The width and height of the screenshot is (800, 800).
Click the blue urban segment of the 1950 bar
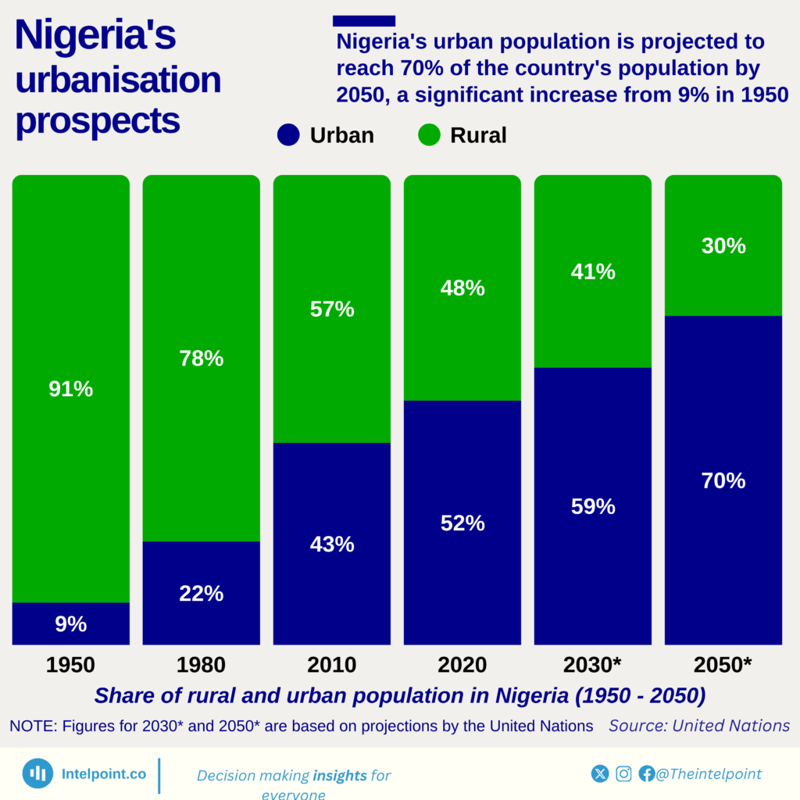pyautogui.click(x=70, y=623)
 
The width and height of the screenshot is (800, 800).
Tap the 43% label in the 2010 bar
pyautogui.click(x=332, y=544)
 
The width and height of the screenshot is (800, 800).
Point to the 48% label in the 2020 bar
pyautogui.click(x=462, y=288)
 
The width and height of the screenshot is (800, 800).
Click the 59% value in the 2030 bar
pyautogui.click(x=593, y=506)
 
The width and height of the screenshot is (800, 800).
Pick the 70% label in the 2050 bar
pyautogui.click(x=723, y=480)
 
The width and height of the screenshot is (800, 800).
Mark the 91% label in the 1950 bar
pyautogui.click(x=70, y=388)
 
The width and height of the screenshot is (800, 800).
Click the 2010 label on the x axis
pyautogui.click(x=332, y=665)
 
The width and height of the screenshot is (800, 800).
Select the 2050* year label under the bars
pyautogui.click(x=723, y=665)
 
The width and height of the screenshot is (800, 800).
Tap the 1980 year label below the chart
pyautogui.click(x=201, y=665)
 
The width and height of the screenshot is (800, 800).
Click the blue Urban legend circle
pyautogui.click(x=288, y=135)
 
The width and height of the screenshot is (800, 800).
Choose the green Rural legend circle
pyautogui.click(x=429, y=135)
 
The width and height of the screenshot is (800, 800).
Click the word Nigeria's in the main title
pyautogui.click(x=95, y=37)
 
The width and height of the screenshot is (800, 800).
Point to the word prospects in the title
pyautogui.click(x=98, y=121)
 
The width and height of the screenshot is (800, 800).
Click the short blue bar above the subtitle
pyautogui.click(x=364, y=20)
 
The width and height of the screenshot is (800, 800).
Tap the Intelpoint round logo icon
pyautogui.click(x=37, y=773)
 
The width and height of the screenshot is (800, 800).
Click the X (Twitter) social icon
pyautogui.click(x=600, y=773)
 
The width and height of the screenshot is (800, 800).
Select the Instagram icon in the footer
pyautogui.click(x=623, y=773)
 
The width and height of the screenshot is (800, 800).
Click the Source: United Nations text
pyautogui.click(x=699, y=725)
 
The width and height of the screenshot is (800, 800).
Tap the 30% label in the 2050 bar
pyautogui.click(x=723, y=246)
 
